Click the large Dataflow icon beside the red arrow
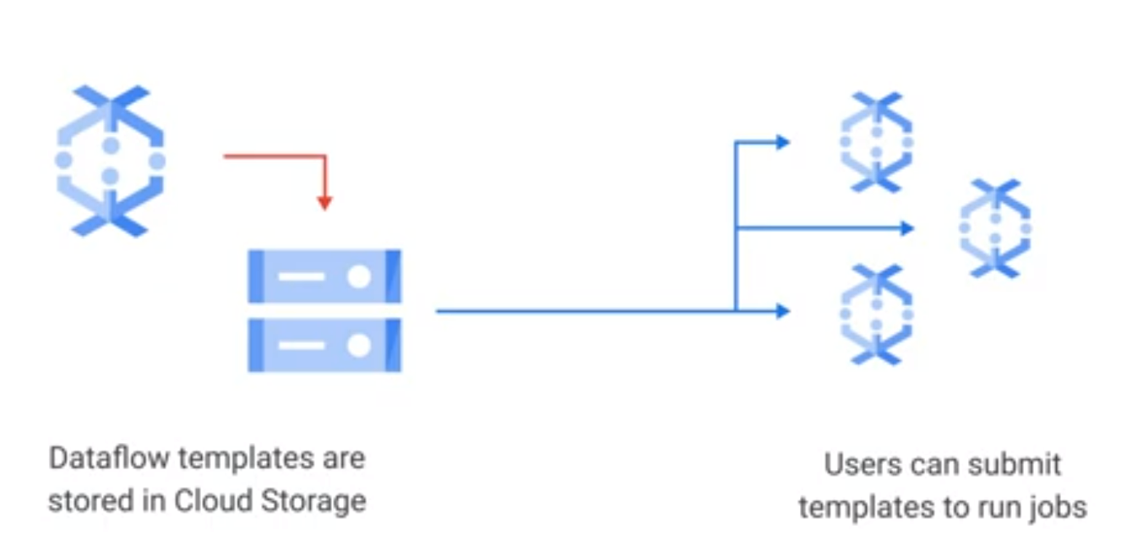(x=110, y=160)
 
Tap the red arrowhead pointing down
(x=324, y=203)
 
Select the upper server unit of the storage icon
(x=324, y=276)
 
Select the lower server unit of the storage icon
(x=324, y=345)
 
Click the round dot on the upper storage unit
(x=359, y=276)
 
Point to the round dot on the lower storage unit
(x=359, y=345)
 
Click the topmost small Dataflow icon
(x=876, y=142)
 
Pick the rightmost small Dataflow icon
(x=995, y=228)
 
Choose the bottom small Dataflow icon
(x=876, y=314)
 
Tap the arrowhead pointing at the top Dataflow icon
(x=782, y=142)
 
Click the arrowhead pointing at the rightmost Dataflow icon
(x=907, y=228)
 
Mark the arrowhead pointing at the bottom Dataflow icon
(x=782, y=312)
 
